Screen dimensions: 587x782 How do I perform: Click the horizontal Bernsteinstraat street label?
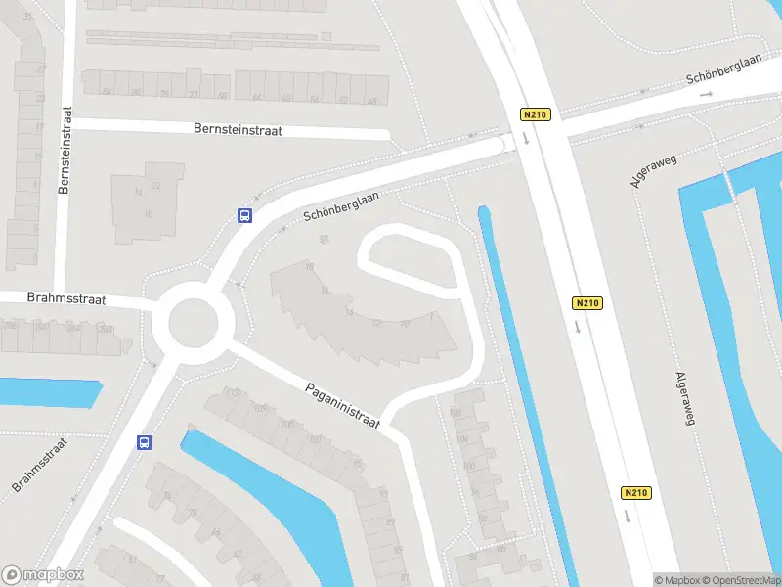238,129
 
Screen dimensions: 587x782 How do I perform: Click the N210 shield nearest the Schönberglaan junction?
536,114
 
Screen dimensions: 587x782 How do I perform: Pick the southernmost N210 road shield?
635,492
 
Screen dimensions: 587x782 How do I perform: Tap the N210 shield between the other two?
586,303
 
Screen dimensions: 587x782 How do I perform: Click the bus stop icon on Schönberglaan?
244,216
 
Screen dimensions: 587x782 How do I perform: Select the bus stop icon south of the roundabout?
145,442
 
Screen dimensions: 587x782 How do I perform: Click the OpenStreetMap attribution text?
740,580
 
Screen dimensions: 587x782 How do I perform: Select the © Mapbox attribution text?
676,580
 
